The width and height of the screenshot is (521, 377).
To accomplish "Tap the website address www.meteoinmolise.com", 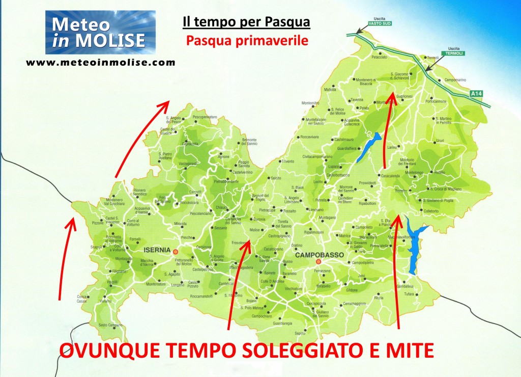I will point(100,63).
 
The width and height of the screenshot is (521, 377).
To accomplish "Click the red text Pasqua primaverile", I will point(247,40).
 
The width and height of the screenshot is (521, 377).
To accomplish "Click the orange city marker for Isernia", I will point(176,252).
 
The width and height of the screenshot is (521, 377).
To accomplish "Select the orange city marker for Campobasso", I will point(319,262).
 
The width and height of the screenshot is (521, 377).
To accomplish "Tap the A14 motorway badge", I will point(475,94).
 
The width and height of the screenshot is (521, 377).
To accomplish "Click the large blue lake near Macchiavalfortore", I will point(415,242).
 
